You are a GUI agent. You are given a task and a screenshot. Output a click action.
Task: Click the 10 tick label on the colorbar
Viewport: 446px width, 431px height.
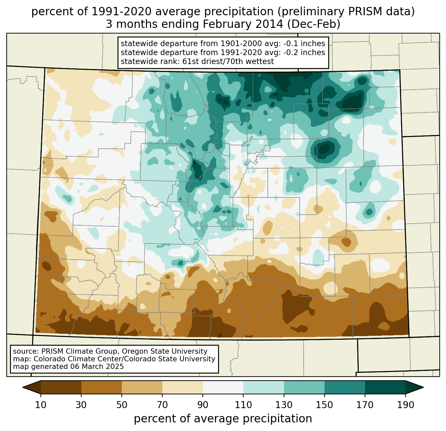pos(41,405)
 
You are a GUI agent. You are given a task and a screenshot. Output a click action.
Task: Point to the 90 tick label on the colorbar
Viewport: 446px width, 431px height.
pos(203,405)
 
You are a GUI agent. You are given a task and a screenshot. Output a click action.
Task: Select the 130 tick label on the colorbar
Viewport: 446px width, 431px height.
pos(284,405)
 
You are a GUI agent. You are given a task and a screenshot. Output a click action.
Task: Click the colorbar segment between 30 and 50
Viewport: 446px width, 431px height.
pos(102,387)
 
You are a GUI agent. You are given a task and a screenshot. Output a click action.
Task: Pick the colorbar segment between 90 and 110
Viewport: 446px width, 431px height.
pos(223,387)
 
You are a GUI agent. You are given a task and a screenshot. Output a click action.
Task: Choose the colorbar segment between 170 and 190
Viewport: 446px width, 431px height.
pos(385,387)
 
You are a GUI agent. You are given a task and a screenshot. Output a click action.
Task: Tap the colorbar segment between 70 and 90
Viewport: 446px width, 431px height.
pos(183,387)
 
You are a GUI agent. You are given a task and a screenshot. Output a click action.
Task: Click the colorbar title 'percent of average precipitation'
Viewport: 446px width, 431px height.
pos(223,419)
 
